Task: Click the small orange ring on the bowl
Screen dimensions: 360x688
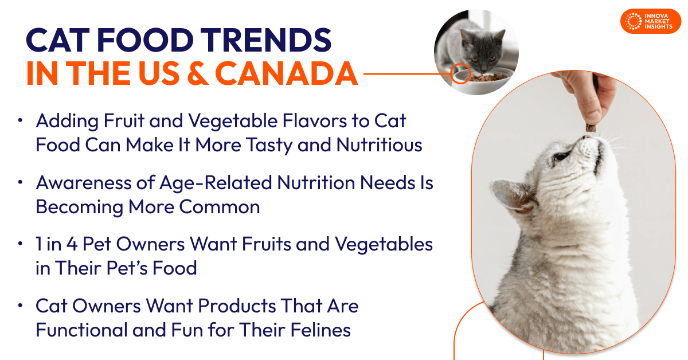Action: pos(460,74)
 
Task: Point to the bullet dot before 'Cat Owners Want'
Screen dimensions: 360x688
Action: pos(21,306)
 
